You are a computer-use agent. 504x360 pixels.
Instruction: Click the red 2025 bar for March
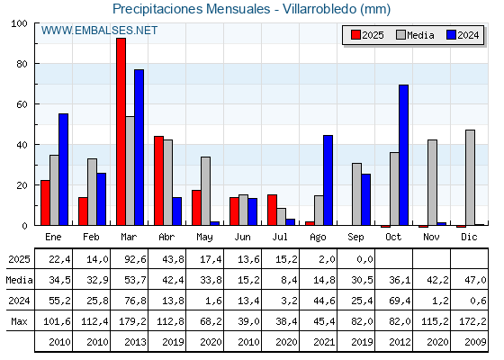click(121, 131)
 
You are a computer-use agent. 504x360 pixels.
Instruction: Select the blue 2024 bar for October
click(403, 155)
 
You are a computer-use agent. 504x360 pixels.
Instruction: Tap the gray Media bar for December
click(470, 177)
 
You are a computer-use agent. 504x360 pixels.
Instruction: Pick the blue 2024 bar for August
click(328, 180)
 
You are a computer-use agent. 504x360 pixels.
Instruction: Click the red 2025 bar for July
click(272, 210)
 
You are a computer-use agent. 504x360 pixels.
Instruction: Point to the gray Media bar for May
click(205, 191)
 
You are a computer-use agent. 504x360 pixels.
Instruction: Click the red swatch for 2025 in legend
click(355, 35)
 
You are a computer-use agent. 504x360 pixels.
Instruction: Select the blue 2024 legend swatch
click(451, 35)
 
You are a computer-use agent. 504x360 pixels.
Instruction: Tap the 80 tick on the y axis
click(22, 64)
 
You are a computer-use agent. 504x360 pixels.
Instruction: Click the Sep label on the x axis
click(355, 238)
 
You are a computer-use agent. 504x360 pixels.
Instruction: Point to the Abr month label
click(166, 238)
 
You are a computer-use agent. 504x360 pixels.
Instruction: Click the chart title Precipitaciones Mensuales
click(192, 9)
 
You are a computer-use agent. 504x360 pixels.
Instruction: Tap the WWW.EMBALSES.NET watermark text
click(99, 31)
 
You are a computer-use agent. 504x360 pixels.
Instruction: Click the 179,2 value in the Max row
click(132, 321)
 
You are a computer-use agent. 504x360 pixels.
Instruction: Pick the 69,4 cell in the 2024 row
click(400, 301)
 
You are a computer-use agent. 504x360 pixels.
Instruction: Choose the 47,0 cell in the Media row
click(476, 280)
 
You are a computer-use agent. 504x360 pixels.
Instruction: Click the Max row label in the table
click(19, 321)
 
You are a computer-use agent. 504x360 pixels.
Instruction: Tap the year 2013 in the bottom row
click(135, 342)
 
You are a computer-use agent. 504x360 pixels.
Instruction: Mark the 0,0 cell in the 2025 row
click(365, 259)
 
